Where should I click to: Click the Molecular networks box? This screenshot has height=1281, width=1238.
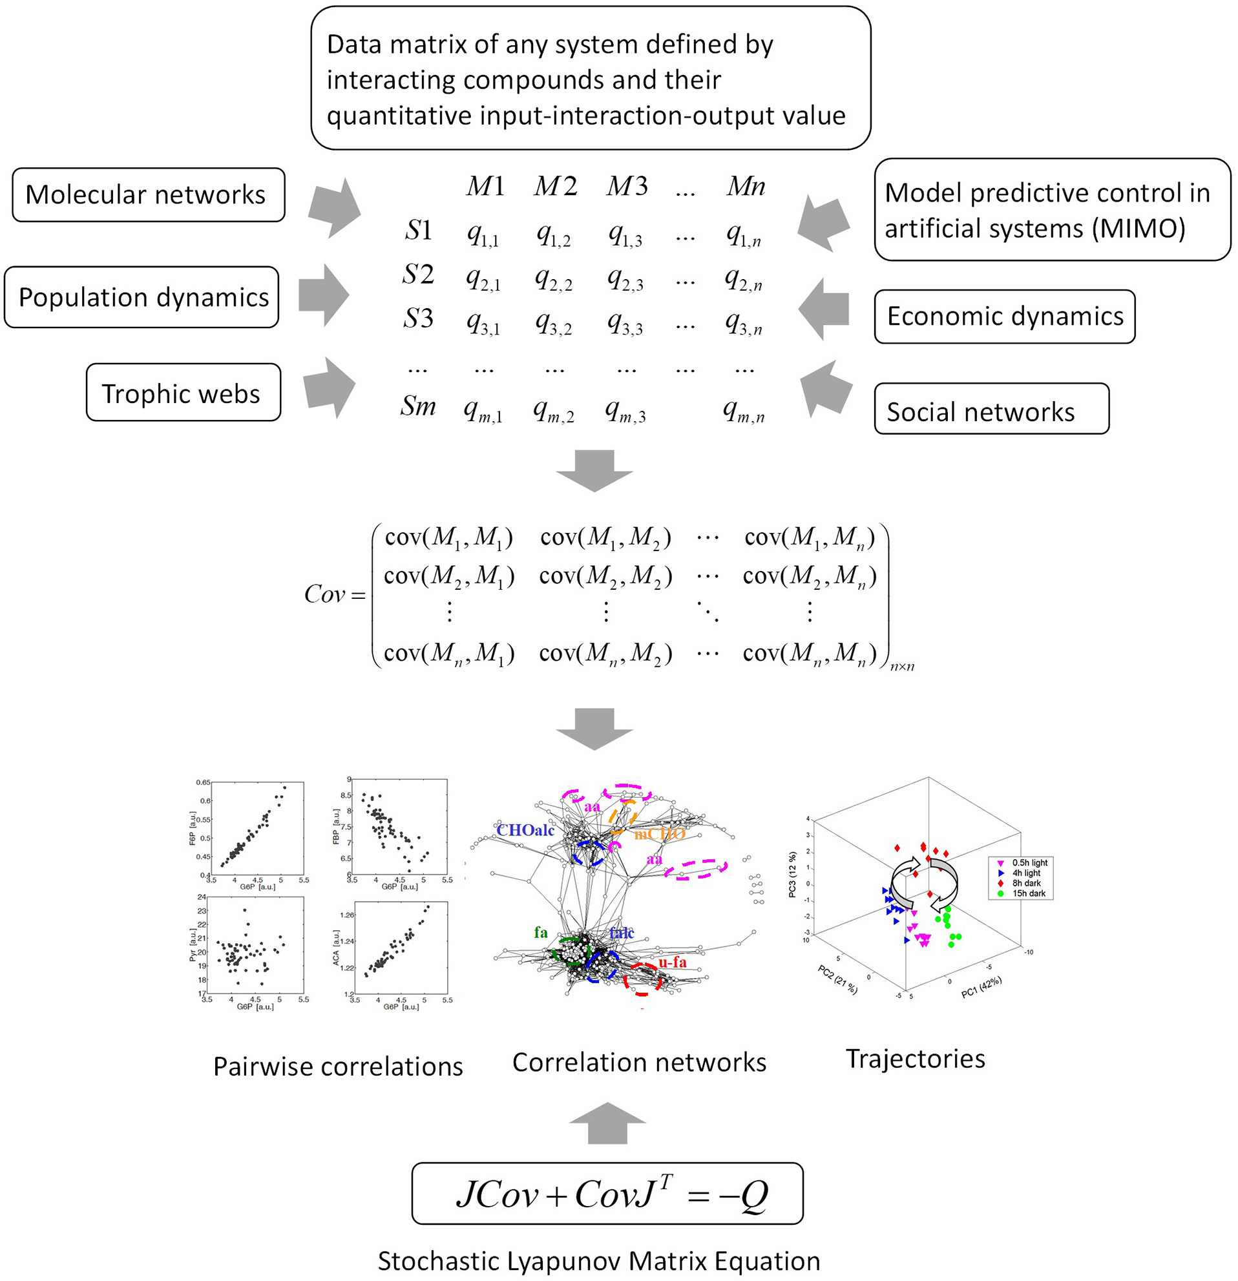pos(149,194)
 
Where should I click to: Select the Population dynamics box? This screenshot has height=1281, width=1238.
pos(142,297)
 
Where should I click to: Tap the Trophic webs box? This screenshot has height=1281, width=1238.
pos(183,393)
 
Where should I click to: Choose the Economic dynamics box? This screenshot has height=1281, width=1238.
pos(1004,317)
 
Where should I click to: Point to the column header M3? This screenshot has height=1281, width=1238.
pos(626,186)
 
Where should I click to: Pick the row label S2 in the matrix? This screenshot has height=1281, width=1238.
pos(418,275)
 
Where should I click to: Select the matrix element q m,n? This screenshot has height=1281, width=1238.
pos(743,411)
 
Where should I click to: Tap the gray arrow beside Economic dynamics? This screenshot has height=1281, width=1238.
pos(824,309)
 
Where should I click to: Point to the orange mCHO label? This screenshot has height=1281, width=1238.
pos(659,833)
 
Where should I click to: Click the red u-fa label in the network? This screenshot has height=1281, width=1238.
pos(672,961)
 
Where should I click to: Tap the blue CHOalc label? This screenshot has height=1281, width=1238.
pos(525,830)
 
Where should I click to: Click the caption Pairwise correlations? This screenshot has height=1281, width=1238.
pos(338,1066)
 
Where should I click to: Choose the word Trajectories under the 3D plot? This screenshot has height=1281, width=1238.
pos(915,1058)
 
